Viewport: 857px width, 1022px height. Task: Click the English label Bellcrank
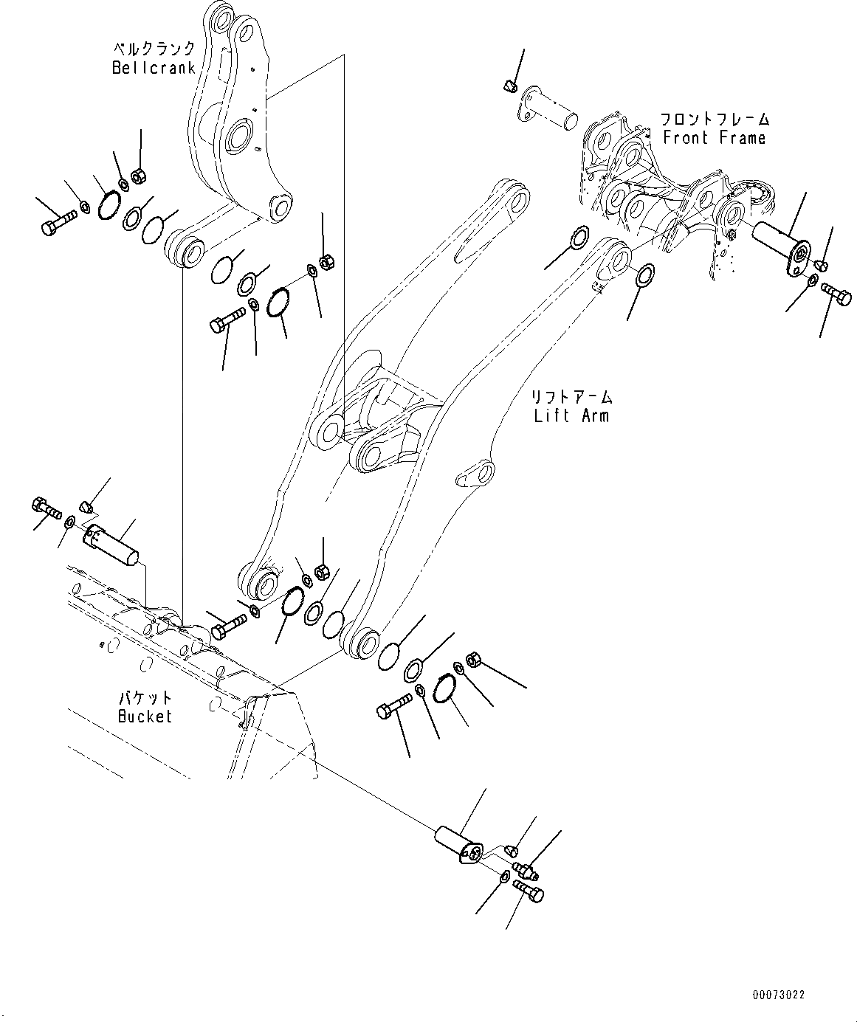(154, 68)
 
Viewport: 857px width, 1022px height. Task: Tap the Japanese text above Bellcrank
(154, 49)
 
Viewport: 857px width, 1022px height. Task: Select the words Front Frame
(715, 138)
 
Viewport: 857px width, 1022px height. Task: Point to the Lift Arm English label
(571, 415)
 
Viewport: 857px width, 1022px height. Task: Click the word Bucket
(145, 716)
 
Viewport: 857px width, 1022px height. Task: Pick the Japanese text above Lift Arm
(571, 397)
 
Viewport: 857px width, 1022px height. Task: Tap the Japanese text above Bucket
(145, 697)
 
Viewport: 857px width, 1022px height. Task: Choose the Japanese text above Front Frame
(715, 119)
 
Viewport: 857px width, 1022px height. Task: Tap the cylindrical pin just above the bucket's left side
(111, 545)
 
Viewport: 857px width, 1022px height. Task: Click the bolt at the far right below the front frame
(836, 294)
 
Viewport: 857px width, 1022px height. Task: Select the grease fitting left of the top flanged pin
(507, 87)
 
